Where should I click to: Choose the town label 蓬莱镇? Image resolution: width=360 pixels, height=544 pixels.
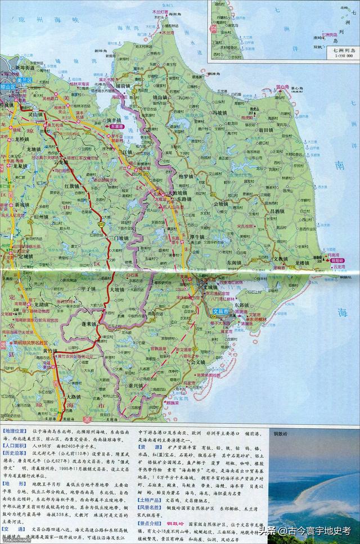click(91, 325)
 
